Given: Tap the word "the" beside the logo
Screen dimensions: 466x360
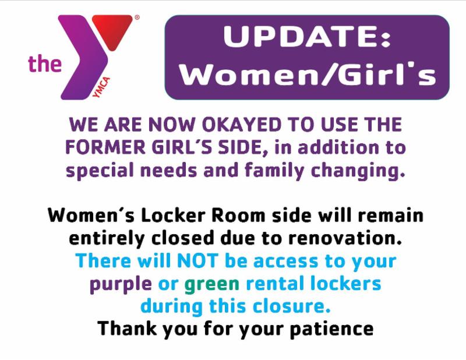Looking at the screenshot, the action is (45, 63).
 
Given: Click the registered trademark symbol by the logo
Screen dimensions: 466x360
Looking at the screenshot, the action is (137, 17).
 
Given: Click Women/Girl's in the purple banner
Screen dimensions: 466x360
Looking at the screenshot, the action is (308, 75).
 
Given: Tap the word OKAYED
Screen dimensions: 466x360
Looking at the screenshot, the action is (242, 124).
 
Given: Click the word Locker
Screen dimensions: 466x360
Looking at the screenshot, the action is (173, 215).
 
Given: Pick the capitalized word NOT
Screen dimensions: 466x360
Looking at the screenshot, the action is (197, 261).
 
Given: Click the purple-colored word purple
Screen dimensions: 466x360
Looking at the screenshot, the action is (121, 284).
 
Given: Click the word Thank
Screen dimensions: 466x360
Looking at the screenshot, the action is (126, 329).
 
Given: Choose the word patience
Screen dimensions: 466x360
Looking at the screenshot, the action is (331, 329).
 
